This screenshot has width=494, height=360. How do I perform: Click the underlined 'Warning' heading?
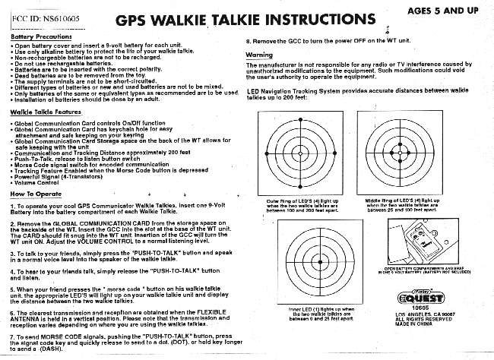coord(261,55)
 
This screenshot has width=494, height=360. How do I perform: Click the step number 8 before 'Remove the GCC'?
coord(249,38)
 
